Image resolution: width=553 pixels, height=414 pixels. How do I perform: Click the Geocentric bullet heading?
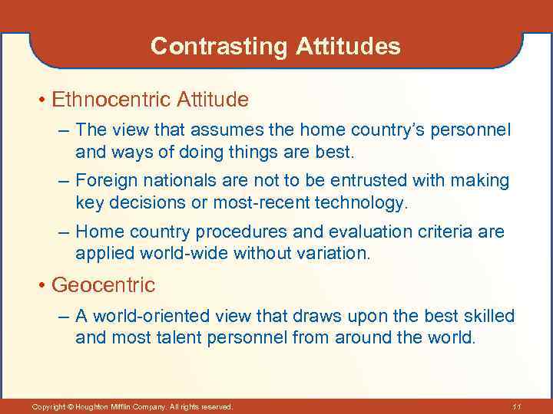click(103, 285)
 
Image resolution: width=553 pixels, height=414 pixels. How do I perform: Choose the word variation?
click(329, 253)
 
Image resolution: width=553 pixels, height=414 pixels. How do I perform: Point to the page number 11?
click(516, 406)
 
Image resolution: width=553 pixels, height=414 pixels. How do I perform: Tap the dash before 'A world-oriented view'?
click(63, 317)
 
